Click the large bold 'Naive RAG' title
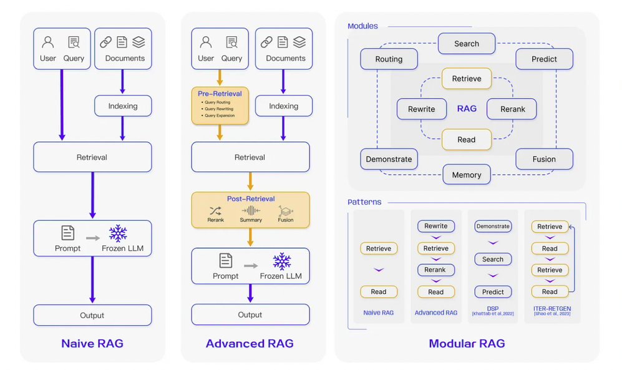pos(92,343)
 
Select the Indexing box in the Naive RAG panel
pos(123,106)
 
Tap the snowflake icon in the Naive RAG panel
pos(118,234)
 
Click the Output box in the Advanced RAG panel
pos(250,315)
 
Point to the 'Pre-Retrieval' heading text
pos(220,94)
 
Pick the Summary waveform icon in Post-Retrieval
pos(251,210)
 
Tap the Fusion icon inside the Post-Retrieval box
pos(285,210)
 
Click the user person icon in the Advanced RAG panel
pos(206,42)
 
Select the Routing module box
pos(389,59)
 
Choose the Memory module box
pos(467,175)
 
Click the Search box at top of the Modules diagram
pos(467,44)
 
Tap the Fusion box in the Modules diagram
pos(544,159)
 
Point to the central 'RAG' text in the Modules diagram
pos(467,109)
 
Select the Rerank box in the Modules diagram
pos(513,109)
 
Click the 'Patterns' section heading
pos(364,202)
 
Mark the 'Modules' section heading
pos(362,26)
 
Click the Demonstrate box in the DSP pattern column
pos(493,226)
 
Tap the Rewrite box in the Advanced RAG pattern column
pos(436,226)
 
